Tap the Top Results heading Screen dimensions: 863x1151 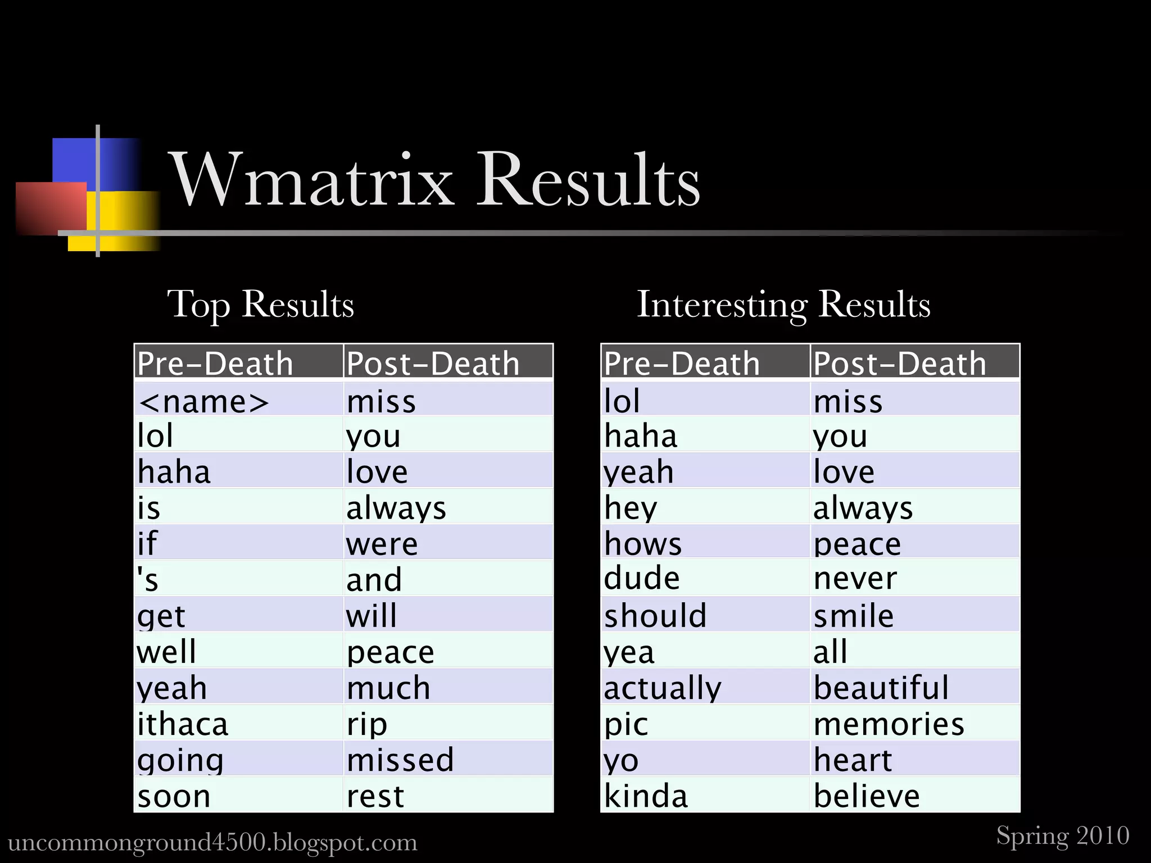pyautogui.click(x=260, y=304)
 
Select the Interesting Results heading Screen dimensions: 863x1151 pyautogui.click(x=783, y=304)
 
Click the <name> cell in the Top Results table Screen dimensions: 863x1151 pyautogui.click(x=203, y=402)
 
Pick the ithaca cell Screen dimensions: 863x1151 pyautogui.click(x=183, y=724)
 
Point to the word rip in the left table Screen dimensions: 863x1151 pyautogui.click(x=367, y=724)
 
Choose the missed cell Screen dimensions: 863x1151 pyautogui.click(x=400, y=760)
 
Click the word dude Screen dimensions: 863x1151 pyautogui.click(x=642, y=578)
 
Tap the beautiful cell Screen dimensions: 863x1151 pyautogui.click(x=881, y=687)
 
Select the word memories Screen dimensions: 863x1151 pyautogui.click(x=889, y=724)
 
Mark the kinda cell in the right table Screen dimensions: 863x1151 pyautogui.click(x=646, y=796)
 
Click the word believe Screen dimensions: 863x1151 pyautogui.click(x=867, y=796)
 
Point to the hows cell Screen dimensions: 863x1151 pyautogui.click(x=643, y=543)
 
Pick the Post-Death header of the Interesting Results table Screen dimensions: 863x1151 pyautogui.click(x=900, y=363)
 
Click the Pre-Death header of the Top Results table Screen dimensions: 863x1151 pyautogui.click(x=215, y=363)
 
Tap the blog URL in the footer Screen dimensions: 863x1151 pyautogui.click(x=212, y=842)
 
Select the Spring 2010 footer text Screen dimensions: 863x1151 pyautogui.click(x=1063, y=835)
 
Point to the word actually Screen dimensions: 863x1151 pyautogui.click(x=663, y=688)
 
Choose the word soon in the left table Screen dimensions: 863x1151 pyautogui.click(x=174, y=796)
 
